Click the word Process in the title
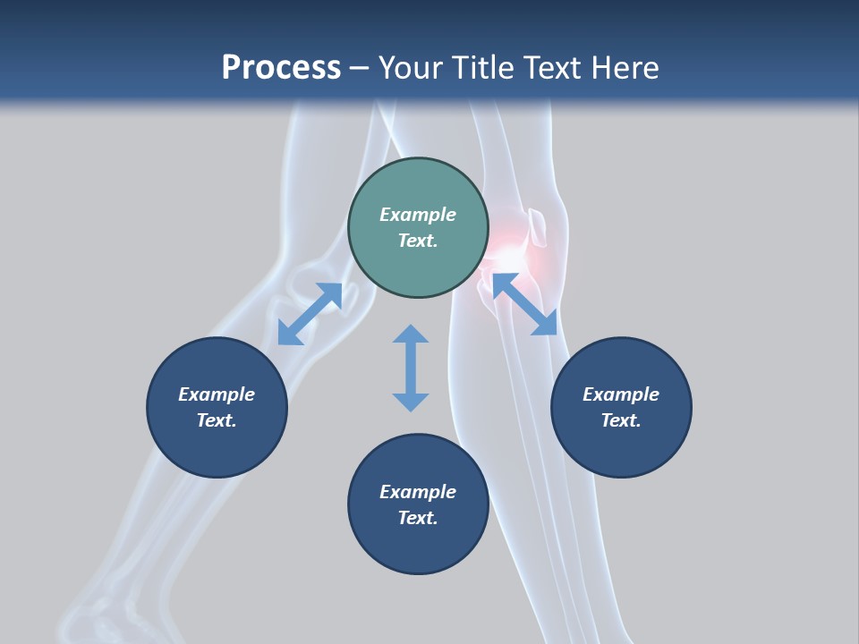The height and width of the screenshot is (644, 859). point(281,67)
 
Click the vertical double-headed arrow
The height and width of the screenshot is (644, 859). point(411,368)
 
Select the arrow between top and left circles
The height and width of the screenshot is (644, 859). point(310,314)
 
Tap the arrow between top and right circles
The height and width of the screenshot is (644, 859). point(524,304)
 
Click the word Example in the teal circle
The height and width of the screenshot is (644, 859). point(418,215)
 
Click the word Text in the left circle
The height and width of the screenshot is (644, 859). point(217,420)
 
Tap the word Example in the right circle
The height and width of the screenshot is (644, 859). point(621,394)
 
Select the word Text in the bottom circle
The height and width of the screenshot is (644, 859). point(418,518)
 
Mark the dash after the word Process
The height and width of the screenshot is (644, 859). point(360,68)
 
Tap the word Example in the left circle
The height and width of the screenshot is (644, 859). point(217,394)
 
